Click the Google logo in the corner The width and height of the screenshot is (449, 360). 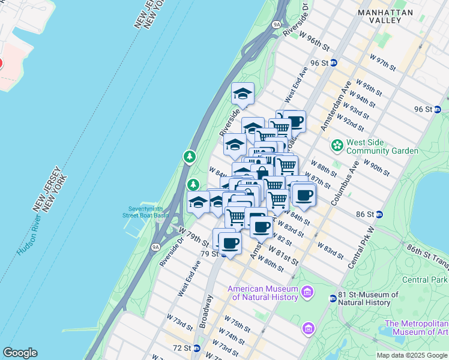click(x=20, y=353)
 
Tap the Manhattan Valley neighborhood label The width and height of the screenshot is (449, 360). click(x=385, y=16)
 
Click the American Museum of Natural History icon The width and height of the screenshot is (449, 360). click(x=308, y=292)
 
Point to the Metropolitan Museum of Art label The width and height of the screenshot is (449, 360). click(x=416, y=328)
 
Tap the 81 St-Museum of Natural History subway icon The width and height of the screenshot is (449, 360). click(x=333, y=298)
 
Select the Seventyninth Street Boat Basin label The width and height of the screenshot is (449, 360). click(x=146, y=211)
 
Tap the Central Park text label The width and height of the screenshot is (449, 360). click(x=425, y=280)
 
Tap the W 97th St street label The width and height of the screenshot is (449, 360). click(x=383, y=62)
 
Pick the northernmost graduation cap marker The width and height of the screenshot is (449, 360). click(x=243, y=94)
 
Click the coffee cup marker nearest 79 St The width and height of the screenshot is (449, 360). click(x=229, y=243)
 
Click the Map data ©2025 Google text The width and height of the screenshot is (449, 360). click(x=411, y=355)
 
